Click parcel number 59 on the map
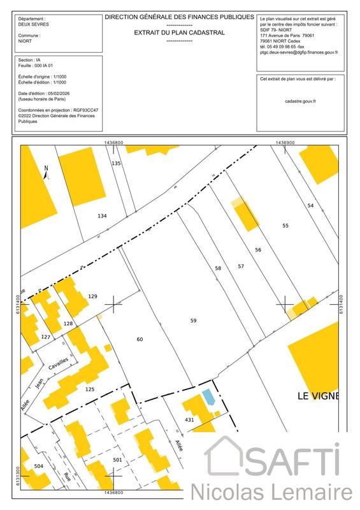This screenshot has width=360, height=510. tap(193, 321)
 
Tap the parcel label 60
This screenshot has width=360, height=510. tap(140, 339)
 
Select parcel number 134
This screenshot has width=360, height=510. tap(102, 216)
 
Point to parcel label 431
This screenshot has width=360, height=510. tap(189, 420)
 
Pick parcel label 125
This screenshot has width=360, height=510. tap(90, 388)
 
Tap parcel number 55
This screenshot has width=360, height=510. tap(285, 226)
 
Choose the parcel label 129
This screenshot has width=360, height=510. tap(92, 296)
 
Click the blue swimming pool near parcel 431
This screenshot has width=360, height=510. tap(208, 397)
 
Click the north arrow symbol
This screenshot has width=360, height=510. tap(46, 172)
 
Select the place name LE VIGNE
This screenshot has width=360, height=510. tap(319, 395)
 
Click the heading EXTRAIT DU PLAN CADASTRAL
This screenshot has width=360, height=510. tap(179, 32)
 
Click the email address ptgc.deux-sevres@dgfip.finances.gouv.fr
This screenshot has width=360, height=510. tap(299, 54)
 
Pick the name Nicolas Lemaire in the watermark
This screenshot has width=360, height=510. tap(272, 493)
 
